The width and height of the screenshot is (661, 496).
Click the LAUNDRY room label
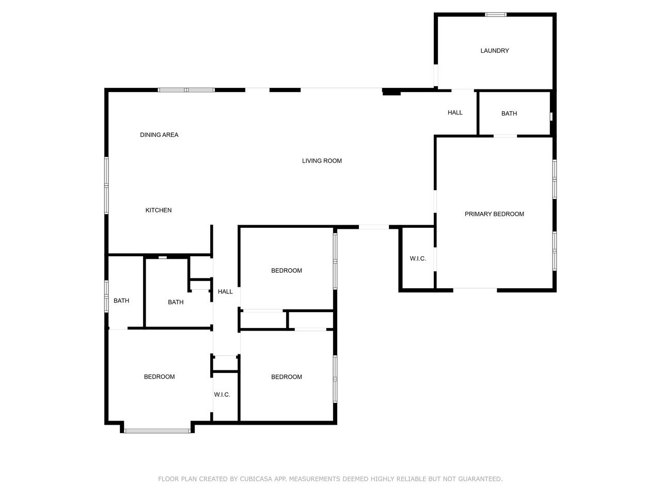(495, 51)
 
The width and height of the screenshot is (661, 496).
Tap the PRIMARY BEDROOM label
(494, 214)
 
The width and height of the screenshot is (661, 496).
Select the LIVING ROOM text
(322, 161)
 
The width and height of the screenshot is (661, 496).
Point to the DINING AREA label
(159, 135)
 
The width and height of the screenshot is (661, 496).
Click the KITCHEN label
(159, 210)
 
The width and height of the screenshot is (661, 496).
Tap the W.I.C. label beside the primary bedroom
(418, 258)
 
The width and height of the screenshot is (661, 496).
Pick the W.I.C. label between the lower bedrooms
(222, 395)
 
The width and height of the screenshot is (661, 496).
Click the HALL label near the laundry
(455, 113)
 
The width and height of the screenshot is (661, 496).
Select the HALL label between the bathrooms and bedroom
(225, 291)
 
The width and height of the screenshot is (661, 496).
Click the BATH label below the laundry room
(509, 114)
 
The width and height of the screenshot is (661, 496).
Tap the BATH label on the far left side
(121, 301)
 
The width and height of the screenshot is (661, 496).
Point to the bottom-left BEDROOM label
(159, 377)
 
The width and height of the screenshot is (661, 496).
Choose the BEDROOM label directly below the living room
(287, 270)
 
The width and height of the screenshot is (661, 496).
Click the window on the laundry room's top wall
(495, 14)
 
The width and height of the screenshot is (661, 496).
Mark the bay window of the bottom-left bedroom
(157, 431)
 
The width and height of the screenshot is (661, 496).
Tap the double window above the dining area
(186, 90)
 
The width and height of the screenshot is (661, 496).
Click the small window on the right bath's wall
(551, 117)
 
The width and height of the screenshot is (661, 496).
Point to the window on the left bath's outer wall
(106, 296)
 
